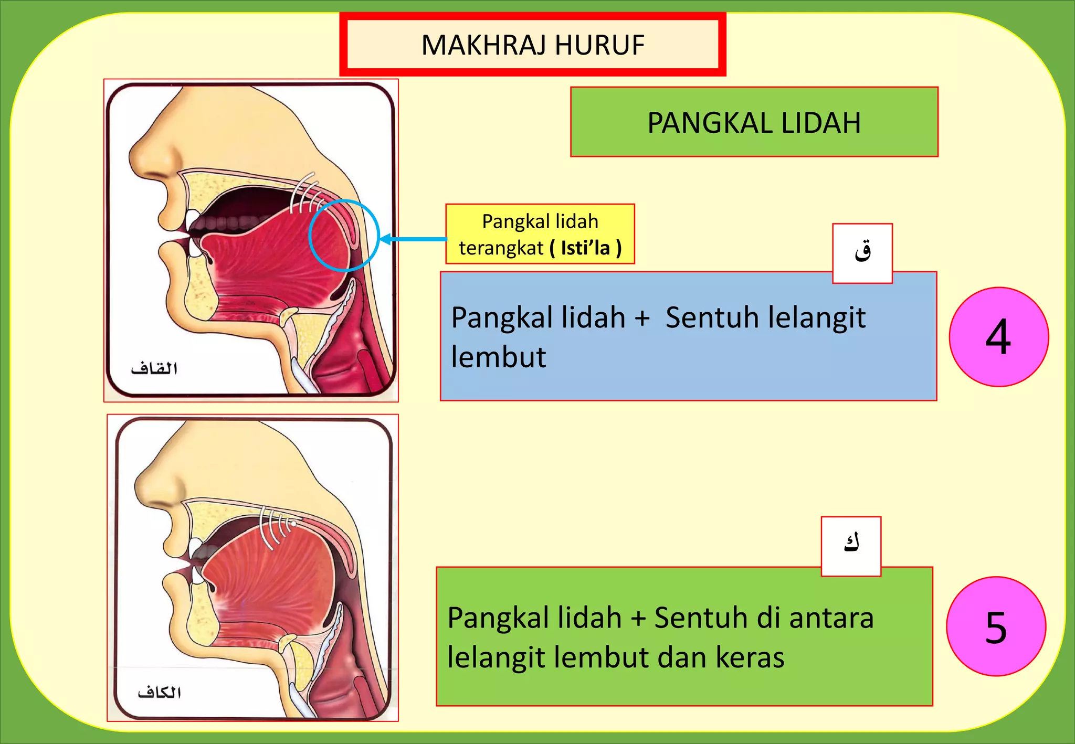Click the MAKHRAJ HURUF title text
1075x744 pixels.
532,45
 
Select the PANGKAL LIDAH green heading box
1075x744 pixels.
754,122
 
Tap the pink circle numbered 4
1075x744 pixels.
998,337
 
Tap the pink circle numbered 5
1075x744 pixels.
996,626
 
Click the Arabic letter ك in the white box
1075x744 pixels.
851,544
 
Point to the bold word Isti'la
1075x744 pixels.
585,248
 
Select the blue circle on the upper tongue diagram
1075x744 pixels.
344,235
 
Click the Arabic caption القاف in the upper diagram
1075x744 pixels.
154,368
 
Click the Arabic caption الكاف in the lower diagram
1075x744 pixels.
160,693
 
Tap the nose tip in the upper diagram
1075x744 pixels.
133,157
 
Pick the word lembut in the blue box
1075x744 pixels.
498,357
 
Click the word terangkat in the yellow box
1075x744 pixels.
501,248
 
